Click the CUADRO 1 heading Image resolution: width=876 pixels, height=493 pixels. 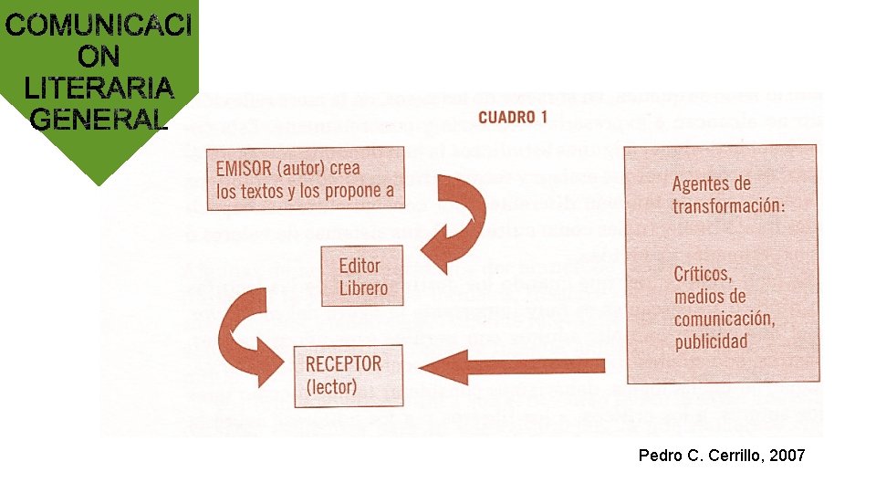tap(512, 117)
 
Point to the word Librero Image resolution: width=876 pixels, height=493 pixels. tap(363, 288)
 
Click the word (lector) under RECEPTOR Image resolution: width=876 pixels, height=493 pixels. tap(331, 386)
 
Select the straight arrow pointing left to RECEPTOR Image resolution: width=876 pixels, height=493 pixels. tap(516, 366)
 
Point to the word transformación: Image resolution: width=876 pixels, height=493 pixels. tap(728, 206)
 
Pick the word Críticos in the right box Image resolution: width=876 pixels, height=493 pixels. tap(703, 273)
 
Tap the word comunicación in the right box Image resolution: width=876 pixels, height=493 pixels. tap(724, 319)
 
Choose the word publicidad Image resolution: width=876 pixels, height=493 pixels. tap(711, 342)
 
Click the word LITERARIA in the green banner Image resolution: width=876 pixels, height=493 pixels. tap(99, 88)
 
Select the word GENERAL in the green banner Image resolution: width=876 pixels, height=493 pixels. tap(99, 119)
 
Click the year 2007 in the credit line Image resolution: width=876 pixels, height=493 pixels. tap(787, 455)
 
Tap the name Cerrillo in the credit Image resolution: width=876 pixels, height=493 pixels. tap(735, 455)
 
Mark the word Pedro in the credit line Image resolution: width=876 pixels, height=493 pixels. tap(658, 455)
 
